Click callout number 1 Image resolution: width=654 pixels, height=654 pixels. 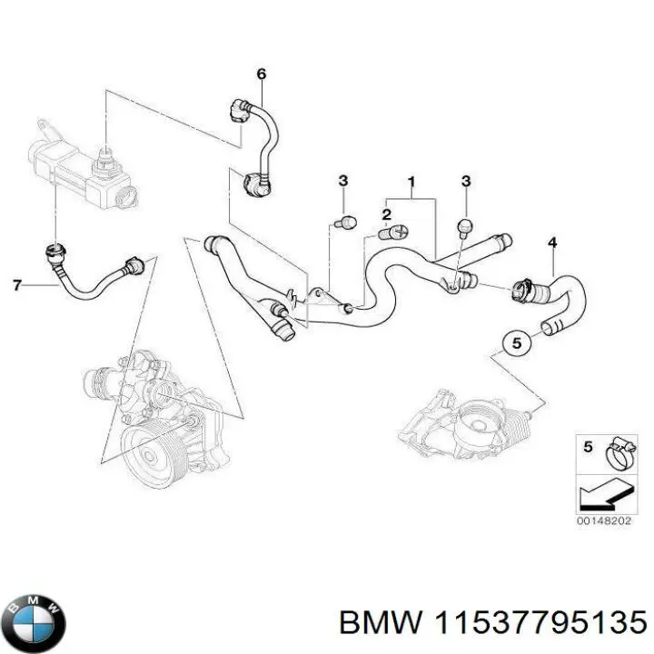411,181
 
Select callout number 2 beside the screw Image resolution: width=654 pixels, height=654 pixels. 386,214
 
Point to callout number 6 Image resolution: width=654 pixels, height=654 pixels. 262,74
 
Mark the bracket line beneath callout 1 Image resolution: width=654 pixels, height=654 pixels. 411,197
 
